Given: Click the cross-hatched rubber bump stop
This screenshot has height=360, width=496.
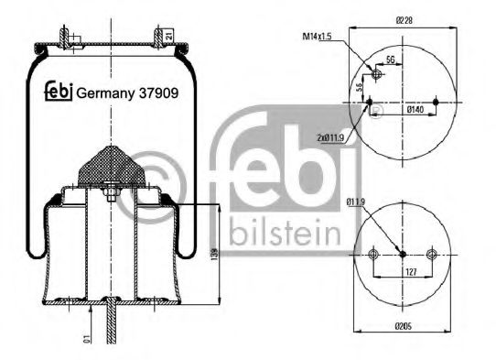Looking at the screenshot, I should tap(110, 165).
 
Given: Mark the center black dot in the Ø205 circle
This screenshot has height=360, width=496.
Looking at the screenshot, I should tap(404, 255).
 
